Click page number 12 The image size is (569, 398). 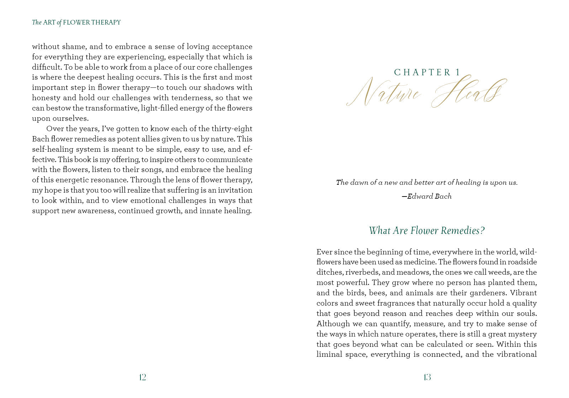[142, 377]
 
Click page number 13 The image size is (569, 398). [427, 377]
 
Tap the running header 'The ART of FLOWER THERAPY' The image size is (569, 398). [76, 22]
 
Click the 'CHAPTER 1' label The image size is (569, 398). [427, 72]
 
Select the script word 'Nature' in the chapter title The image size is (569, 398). [384, 93]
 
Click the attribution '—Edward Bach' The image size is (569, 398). [427, 196]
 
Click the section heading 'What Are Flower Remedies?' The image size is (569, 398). [427, 231]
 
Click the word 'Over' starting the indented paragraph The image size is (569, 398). [54, 129]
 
